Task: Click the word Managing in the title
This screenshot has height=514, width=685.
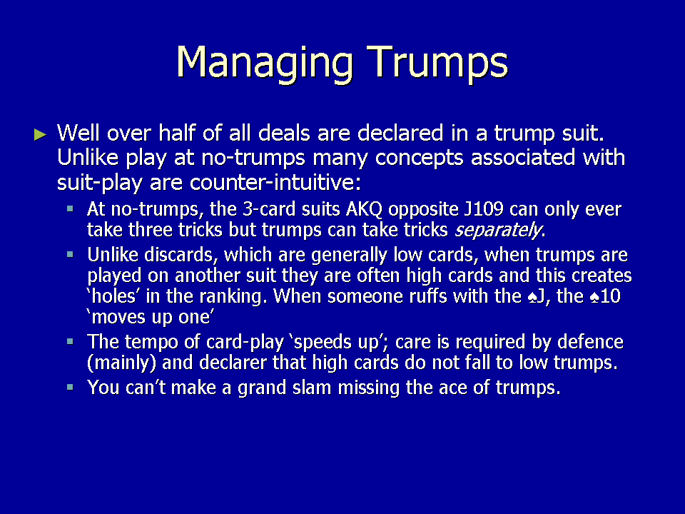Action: tap(264, 63)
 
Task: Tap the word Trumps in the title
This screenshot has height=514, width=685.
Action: tap(437, 63)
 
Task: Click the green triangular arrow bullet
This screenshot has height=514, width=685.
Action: tap(40, 135)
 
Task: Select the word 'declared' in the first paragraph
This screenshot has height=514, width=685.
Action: tap(400, 133)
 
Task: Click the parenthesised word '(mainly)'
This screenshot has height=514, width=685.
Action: tap(122, 363)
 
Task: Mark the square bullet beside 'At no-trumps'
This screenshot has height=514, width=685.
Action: tap(70, 208)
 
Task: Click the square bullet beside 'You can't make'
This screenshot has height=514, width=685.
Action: tap(70, 387)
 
